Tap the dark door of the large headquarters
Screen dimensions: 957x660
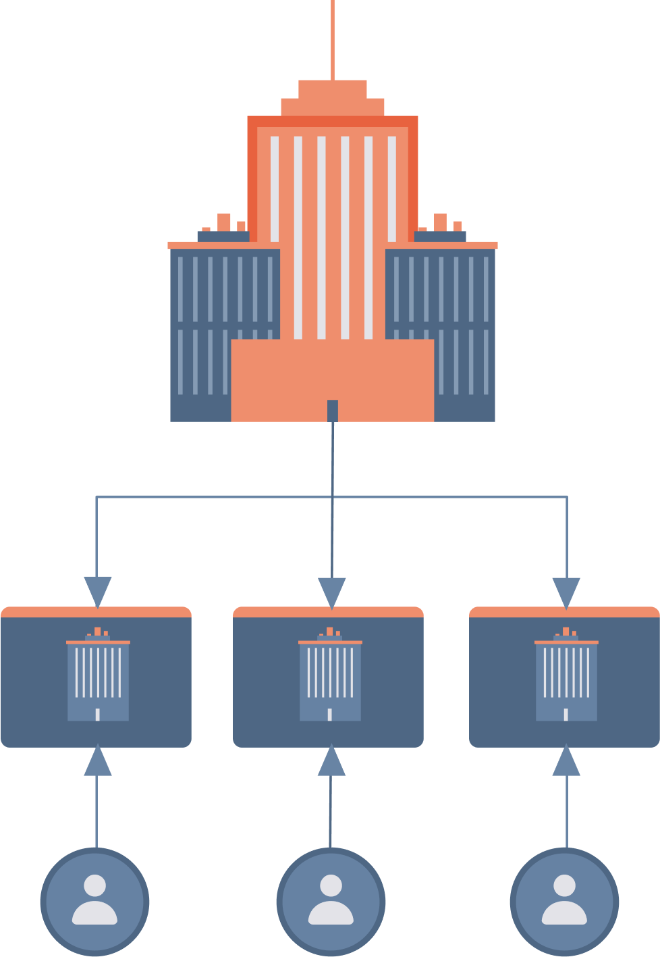coord(333,411)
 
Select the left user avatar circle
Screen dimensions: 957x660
coord(95,901)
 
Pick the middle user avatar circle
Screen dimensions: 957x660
coord(331,901)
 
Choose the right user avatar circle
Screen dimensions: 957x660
coord(564,901)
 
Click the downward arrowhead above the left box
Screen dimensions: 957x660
coord(97,591)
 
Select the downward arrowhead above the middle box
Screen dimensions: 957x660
coord(332,591)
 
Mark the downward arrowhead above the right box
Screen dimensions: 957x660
coord(566,591)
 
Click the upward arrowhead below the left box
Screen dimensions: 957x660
coord(97,761)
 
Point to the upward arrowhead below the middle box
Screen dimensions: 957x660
coord(331,761)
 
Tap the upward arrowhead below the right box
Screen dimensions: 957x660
coord(566,761)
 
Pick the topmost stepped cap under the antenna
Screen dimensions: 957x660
coord(333,88)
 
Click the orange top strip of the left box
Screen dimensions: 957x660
coord(96,612)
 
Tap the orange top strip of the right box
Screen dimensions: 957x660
coord(564,612)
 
